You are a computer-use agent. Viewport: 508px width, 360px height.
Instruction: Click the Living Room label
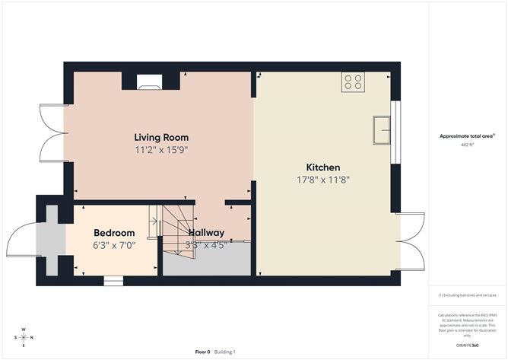(x=160, y=138)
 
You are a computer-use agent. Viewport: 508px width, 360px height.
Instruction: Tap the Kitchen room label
(x=322, y=167)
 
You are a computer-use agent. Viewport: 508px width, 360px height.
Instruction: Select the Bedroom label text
(x=114, y=233)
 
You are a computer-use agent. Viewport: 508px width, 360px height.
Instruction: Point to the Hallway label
(x=206, y=233)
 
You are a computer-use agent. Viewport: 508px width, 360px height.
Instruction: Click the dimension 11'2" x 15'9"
(x=161, y=151)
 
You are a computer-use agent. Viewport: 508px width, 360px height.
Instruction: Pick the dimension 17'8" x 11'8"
(x=322, y=180)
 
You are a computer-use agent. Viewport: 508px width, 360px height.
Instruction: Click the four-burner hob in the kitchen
(x=352, y=81)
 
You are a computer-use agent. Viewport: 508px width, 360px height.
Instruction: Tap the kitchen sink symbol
(x=382, y=130)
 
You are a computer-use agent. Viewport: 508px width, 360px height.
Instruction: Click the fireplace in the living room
(x=149, y=82)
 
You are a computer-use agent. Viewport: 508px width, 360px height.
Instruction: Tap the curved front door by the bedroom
(x=21, y=241)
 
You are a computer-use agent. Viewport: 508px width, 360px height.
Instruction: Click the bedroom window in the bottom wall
(x=113, y=281)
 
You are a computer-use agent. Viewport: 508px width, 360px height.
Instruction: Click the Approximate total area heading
(x=466, y=136)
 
